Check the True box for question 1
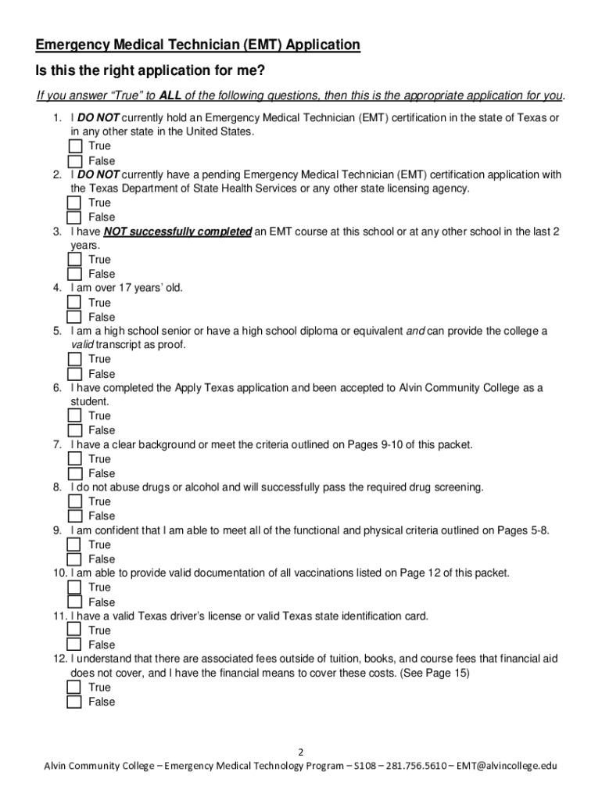[x=74, y=146]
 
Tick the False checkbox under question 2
[x=74, y=217]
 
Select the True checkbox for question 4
[x=74, y=303]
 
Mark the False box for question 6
[x=74, y=430]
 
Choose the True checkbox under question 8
[x=74, y=501]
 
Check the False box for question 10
[x=74, y=602]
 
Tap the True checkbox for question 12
[x=74, y=688]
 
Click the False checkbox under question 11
[x=74, y=645]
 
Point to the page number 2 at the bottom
[x=301, y=753]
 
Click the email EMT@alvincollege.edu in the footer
[x=507, y=767]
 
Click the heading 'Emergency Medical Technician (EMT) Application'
[x=198, y=45]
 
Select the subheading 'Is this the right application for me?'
[x=150, y=71]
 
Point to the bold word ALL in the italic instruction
[x=170, y=95]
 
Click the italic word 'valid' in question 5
[x=82, y=345]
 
